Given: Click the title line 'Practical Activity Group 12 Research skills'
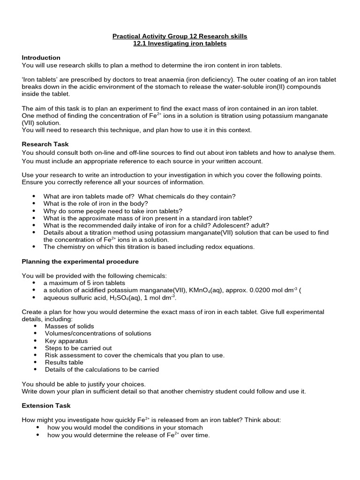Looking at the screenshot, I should (x=180, y=36).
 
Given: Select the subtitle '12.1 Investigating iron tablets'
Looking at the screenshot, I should (x=180, y=44).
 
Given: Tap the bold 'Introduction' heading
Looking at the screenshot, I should (x=41, y=58).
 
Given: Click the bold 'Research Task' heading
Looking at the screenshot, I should (x=45, y=144).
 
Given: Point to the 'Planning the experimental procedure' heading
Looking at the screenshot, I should (x=80, y=261).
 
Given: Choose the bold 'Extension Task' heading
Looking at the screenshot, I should (x=46, y=405).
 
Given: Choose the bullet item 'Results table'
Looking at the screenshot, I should (x=64, y=362).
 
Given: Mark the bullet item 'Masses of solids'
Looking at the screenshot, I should (x=69, y=326).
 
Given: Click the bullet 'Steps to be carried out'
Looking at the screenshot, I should (x=78, y=348).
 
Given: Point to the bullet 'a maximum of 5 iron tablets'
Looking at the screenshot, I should (x=84, y=283).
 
